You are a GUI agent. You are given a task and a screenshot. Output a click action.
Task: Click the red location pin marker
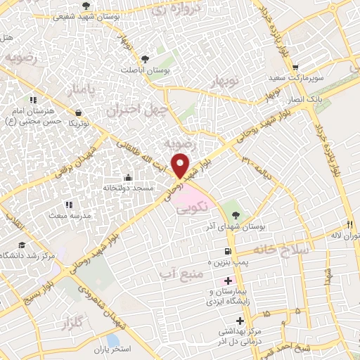tap(181, 166)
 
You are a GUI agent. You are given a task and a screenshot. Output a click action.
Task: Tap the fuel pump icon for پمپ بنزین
tap(226, 251)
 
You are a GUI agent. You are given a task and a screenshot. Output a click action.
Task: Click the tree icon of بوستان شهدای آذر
tap(235, 213)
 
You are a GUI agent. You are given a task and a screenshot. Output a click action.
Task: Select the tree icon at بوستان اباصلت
tap(145, 59)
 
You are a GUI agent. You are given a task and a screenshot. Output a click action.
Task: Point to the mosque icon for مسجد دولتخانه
tap(128, 176)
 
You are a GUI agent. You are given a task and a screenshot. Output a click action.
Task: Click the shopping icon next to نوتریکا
tap(77, 111)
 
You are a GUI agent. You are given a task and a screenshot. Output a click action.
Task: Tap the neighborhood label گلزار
tap(57, 324)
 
